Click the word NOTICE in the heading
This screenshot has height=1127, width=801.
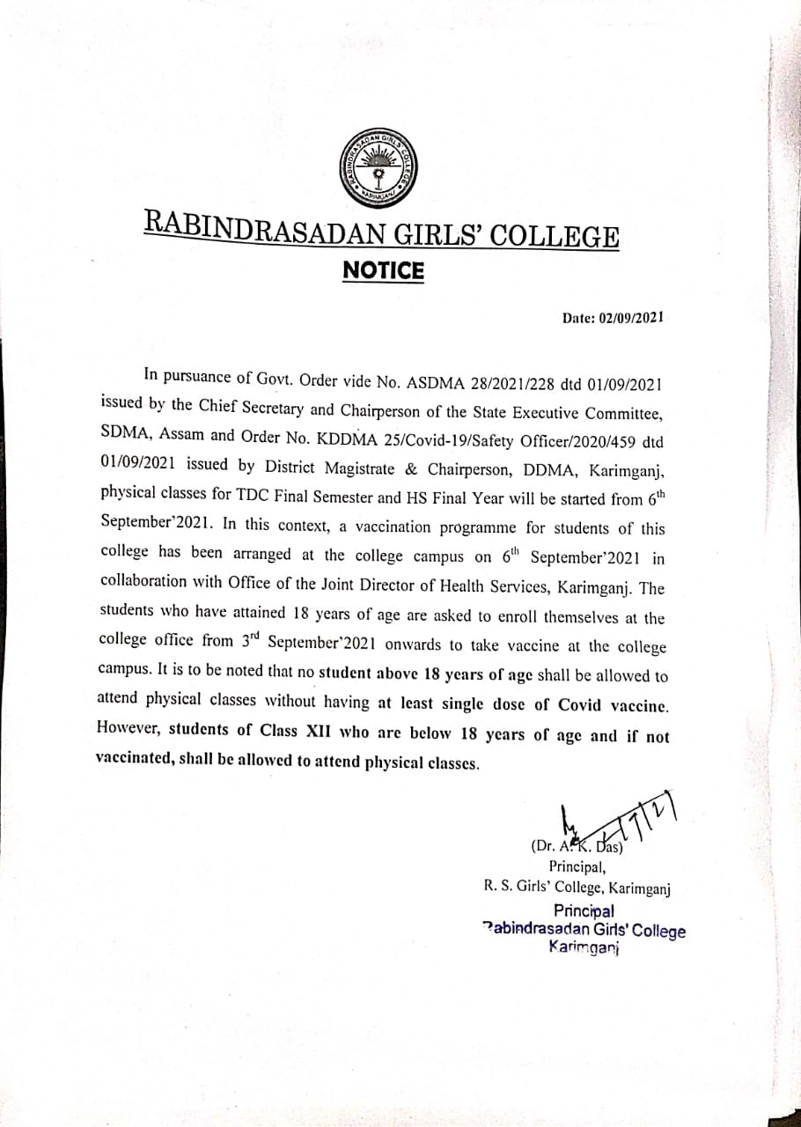click(x=383, y=271)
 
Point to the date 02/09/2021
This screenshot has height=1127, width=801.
click(x=630, y=318)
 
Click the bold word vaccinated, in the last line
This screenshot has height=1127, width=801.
click(x=135, y=756)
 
